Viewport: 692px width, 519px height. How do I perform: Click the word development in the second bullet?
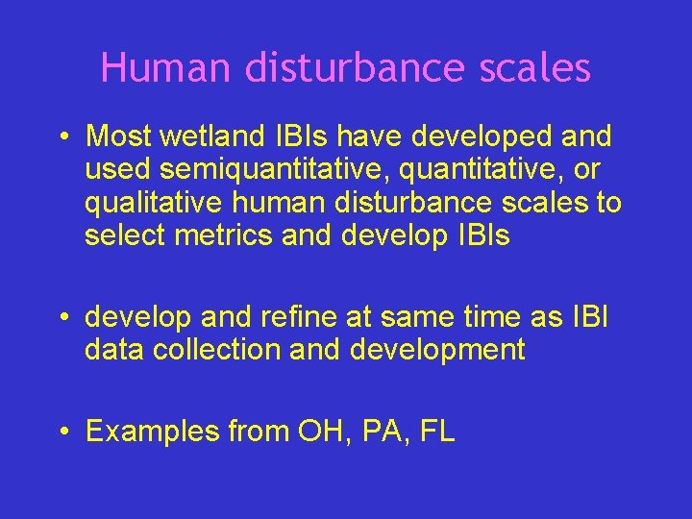437,350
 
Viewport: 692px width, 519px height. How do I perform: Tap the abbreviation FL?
436,432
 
